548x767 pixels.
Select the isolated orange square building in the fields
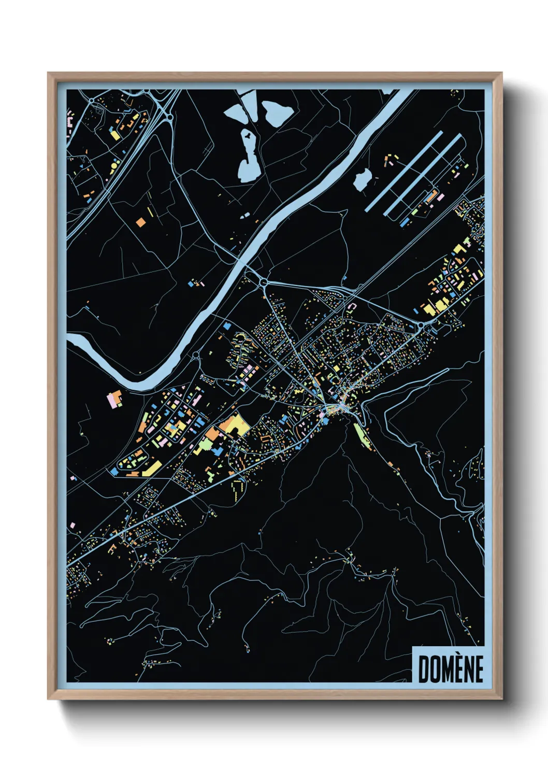[140, 222]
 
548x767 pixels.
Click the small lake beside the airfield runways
[362, 179]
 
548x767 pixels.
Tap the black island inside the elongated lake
[249, 136]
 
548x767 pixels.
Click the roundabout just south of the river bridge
[264, 282]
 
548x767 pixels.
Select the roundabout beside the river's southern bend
[196, 356]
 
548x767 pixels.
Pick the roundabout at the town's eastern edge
[421, 325]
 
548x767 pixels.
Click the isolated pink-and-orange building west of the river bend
[114, 399]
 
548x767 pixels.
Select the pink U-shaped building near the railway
[352, 307]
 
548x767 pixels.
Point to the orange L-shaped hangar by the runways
[430, 196]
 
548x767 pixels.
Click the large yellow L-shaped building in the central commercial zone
[234, 425]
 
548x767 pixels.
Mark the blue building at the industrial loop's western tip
[113, 472]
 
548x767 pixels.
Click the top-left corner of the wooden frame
[49, 74]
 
